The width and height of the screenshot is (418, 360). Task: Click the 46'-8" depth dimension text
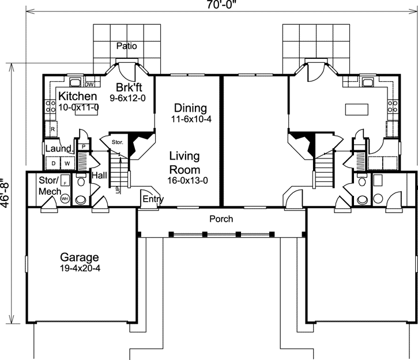tap(5, 193)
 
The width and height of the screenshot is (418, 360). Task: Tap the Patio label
tap(127, 46)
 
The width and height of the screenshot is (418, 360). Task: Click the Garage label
tap(80, 257)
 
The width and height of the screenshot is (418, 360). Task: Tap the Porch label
tap(221, 219)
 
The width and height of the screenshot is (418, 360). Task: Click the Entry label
tap(153, 199)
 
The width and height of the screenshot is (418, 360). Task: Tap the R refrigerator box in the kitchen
tap(53, 130)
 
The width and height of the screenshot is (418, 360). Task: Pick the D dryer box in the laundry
tap(54, 164)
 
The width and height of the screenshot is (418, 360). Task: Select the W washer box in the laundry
tap(67, 164)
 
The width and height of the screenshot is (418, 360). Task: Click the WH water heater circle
tap(64, 199)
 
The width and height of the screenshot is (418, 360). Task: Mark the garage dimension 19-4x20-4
tap(80, 268)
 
